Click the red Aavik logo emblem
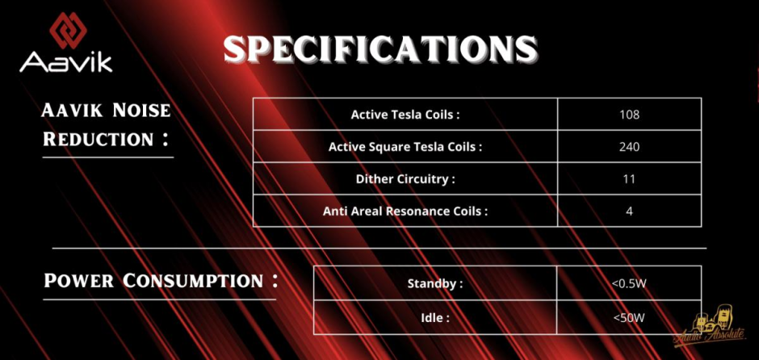click(69, 30)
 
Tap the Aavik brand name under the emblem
click(66, 63)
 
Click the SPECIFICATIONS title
click(380, 49)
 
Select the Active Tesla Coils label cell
click(405, 115)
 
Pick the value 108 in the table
click(629, 115)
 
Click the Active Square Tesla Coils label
click(405, 147)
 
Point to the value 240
click(629, 147)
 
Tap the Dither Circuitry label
click(405, 179)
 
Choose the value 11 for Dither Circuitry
click(629, 179)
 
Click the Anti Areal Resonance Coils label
click(405, 211)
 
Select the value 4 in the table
click(629, 211)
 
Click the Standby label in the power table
click(435, 283)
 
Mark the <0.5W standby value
click(629, 283)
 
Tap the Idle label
click(435, 318)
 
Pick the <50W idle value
click(629, 317)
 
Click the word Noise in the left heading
click(141, 111)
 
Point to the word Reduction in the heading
click(99, 140)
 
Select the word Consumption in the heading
click(193, 281)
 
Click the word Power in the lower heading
click(79, 281)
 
